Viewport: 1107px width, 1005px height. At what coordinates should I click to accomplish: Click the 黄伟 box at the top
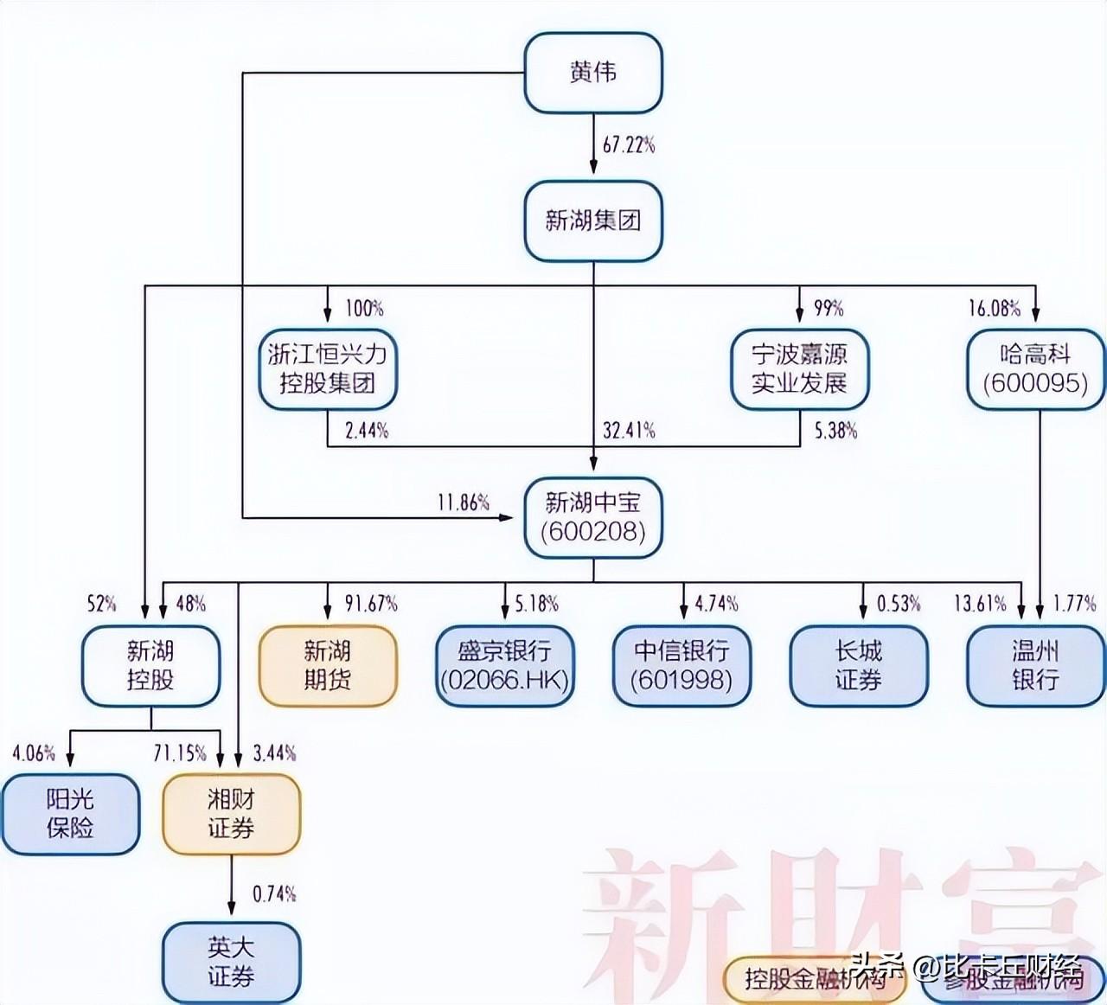(593, 73)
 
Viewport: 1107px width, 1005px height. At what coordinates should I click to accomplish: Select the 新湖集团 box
(593, 221)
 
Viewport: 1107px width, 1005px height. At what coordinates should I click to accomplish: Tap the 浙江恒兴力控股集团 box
(328, 368)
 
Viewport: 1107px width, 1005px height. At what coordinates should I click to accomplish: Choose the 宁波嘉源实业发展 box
(799, 368)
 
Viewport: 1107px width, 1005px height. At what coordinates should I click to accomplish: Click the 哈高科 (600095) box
(1035, 368)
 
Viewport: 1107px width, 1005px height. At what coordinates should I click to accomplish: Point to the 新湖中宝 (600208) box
(593, 517)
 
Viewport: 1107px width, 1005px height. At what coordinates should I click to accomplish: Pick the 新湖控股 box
(150, 665)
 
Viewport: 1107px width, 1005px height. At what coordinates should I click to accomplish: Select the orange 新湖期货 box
(328, 665)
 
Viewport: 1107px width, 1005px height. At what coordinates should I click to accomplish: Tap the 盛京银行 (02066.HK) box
(505, 665)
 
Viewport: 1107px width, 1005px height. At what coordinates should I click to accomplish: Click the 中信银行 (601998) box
(682, 665)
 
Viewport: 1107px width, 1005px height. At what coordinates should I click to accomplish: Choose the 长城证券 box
(859, 665)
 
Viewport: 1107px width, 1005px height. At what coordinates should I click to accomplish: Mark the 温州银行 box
(1035, 665)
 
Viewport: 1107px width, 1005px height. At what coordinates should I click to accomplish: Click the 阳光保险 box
(70, 814)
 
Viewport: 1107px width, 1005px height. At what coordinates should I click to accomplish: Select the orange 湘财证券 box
(232, 814)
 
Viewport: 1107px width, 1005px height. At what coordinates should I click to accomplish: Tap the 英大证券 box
(232, 962)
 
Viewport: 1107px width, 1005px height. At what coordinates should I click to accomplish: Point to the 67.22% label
(629, 144)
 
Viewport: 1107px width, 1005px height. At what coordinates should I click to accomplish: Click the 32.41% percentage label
(629, 430)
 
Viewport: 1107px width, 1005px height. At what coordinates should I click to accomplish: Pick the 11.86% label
(464, 502)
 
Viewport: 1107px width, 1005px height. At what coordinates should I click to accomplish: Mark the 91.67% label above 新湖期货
(371, 603)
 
